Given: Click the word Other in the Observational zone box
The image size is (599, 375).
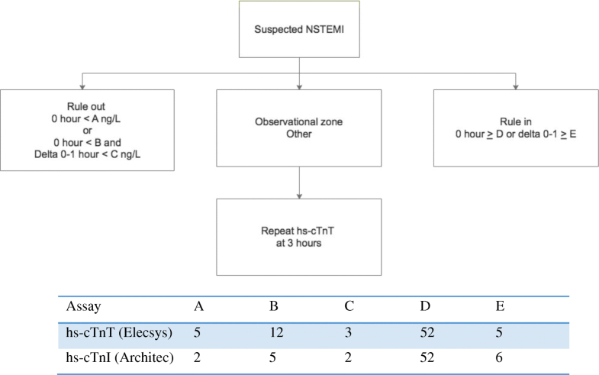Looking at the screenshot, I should (299, 134).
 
